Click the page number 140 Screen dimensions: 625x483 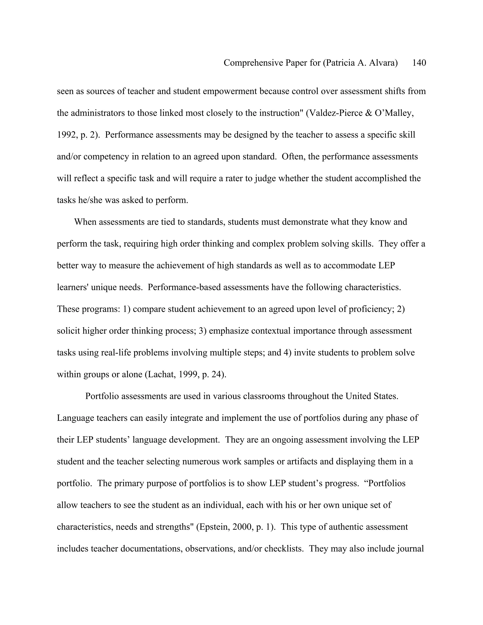click(419, 63)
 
